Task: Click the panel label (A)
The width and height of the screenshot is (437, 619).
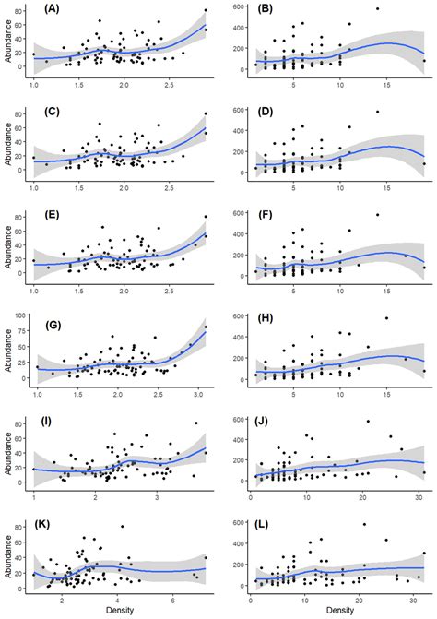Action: pos(49,12)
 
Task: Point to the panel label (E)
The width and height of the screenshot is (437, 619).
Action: pos(49,218)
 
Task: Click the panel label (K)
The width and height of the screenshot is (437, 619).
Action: pos(49,530)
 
